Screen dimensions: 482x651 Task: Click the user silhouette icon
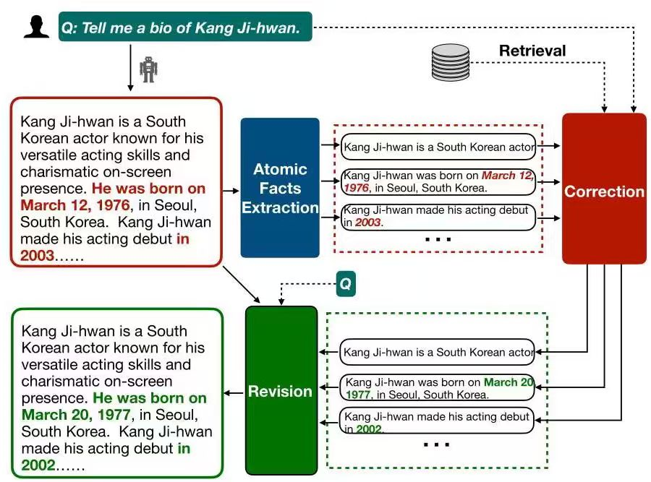pyautogui.click(x=36, y=27)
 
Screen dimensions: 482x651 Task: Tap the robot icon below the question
pyautogui.click(x=148, y=69)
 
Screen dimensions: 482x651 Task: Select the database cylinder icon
pyautogui.click(x=450, y=62)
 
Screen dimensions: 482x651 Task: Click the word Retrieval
pyautogui.click(x=532, y=51)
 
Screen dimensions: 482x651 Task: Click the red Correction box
pyautogui.click(x=604, y=189)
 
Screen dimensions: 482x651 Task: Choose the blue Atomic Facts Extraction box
pyautogui.click(x=280, y=188)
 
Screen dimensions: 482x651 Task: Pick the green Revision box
pyautogui.click(x=281, y=390)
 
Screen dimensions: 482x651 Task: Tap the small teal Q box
pyautogui.click(x=346, y=285)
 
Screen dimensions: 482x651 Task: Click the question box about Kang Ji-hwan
pyautogui.click(x=185, y=27)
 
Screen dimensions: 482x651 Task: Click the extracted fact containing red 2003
pyautogui.click(x=438, y=217)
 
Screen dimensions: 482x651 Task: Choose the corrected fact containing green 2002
pyautogui.click(x=438, y=423)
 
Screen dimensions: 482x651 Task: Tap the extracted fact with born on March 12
pyautogui.click(x=438, y=182)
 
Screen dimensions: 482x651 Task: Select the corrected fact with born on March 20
pyautogui.click(x=438, y=388)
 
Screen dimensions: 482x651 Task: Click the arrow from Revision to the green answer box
pyautogui.click(x=234, y=393)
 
